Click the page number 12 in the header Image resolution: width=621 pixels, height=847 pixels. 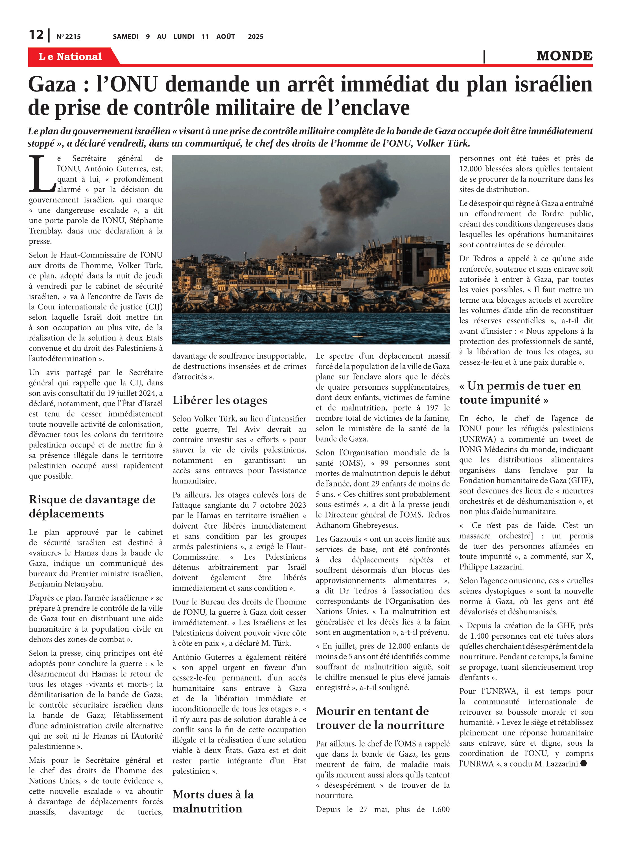(36, 35)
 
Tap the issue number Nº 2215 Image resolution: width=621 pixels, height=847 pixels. (68, 36)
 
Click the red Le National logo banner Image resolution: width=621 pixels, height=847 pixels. (70, 56)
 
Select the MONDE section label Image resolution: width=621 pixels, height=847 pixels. (564, 56)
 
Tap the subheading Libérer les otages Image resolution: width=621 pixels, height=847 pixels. (220, 400)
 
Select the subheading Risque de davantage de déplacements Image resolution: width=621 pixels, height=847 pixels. (92, 507)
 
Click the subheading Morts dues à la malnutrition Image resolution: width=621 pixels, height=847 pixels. (213, 801)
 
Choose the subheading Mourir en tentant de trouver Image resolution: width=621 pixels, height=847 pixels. (380, 718)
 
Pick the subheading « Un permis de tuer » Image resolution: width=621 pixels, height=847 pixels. (520, 392)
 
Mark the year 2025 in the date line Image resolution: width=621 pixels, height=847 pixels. (256, 36)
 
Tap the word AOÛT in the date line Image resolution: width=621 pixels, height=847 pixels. (226, 36)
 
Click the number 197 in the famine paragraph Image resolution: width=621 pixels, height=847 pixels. (432, 408)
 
